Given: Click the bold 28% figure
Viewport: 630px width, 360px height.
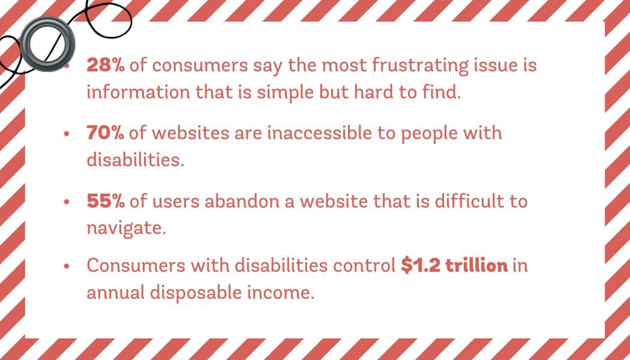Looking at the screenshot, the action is click(106, 65).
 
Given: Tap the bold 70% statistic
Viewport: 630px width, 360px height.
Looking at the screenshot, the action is click(105, 133).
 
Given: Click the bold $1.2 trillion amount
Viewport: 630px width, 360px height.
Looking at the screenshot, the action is click(454, 266).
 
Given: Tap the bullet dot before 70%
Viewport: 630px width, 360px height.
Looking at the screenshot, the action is click(67, 134).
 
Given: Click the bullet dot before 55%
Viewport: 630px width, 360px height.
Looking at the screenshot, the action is click(67, 202).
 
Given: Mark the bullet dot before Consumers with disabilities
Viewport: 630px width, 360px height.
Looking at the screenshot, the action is click(67, 266).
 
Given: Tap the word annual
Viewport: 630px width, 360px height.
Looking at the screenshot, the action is click(116, 294).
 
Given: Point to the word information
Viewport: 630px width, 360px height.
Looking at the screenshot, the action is click(139, 93).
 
